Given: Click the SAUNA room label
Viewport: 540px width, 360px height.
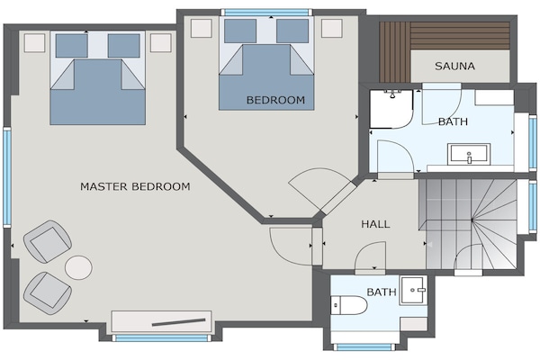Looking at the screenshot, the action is point(454,66).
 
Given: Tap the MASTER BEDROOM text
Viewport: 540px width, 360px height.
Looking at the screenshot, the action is point(135,186).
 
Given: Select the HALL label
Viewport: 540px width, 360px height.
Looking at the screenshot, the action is point(375,224).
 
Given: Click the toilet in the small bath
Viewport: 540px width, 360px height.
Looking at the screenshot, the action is point(349,305).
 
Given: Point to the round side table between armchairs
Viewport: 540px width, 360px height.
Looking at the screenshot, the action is point(79,267).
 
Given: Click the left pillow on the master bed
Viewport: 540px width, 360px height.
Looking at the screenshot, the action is point(72,46).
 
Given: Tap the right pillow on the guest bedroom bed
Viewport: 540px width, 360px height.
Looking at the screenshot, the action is point(292,31).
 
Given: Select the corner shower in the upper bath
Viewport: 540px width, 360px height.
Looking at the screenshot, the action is point(391,109).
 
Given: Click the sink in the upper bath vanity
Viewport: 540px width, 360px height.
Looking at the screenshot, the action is point(469,154).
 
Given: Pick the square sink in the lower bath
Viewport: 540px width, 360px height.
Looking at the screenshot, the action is point(413,290).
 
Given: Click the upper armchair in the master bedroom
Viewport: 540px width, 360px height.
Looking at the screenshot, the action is point(48,241).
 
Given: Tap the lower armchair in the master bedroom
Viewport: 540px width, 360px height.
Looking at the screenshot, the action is point(48,292).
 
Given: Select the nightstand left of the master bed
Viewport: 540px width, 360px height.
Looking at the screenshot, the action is point(34,43).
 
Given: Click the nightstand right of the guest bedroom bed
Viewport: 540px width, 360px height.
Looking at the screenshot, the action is point(332,28).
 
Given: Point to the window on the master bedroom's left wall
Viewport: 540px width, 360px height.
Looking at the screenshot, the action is point(7,177).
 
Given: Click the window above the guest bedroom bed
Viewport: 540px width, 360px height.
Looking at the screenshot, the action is point(267,13).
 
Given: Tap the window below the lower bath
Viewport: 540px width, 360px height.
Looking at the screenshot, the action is point(364,346).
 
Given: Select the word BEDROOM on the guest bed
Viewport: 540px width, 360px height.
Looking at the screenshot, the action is point(276,100).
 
